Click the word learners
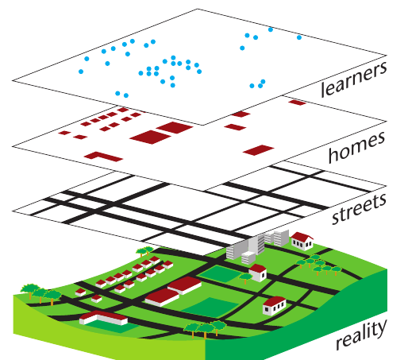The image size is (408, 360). pos(353,79)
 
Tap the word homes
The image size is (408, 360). pos(356,147)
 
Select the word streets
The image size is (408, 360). pos(359,209)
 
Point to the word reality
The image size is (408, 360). pos(361,336)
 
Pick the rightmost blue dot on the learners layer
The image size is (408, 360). pos(299,37)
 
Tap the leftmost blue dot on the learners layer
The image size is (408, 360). pos(81,72)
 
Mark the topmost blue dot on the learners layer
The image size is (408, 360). pos(271,29)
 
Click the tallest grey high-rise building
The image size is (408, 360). pos(256,245)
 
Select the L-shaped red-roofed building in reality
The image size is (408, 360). pos(103,317)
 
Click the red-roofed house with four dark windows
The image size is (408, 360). pos(275,306)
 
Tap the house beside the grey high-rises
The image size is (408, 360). pos(302,241)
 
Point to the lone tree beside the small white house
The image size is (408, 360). pos(245,277)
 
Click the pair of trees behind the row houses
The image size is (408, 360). pos(144,251)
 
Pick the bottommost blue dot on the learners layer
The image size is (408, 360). pos(126,95)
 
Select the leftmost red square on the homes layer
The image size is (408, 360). pos(64,133)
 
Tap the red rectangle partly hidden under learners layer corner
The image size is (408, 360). pos(298,103)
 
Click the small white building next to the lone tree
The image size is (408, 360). pos(258,273)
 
